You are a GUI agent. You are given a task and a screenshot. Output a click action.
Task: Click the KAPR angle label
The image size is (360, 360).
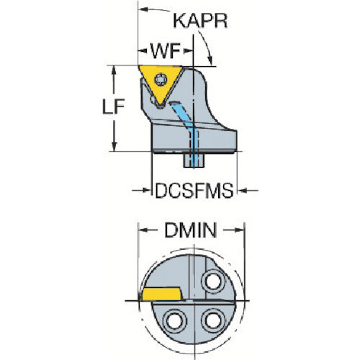(200, 21)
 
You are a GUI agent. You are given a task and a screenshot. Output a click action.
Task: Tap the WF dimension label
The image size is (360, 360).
(166, 51)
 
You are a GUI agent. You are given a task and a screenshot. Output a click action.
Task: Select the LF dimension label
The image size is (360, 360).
(113, 107)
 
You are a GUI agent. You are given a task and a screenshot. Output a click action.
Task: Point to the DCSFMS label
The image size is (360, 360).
(194, 191)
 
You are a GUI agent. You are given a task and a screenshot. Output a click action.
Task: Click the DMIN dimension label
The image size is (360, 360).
(191, 230)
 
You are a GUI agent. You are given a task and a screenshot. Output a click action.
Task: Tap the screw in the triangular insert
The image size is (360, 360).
(161, 79)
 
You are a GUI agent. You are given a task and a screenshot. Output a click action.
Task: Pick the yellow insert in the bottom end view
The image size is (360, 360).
(162, 294)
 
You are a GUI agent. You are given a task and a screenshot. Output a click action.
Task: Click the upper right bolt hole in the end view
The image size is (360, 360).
(213, 282)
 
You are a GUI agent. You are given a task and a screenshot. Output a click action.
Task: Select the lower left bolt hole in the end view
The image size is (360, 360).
(175, 321)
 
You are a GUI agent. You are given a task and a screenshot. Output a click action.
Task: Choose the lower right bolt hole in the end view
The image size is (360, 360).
(213, 321)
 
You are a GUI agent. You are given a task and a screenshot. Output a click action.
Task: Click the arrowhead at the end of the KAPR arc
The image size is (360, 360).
(210, 60)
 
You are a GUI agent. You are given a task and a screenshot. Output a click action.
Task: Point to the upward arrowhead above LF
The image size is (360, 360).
(114, 70)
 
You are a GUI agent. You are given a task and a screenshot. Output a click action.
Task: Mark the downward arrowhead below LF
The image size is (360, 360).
(114, 147)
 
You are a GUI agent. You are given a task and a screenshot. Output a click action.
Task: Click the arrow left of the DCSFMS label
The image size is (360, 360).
(141, 190)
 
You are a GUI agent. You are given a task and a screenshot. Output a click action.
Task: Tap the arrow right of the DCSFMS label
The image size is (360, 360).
(248, 191)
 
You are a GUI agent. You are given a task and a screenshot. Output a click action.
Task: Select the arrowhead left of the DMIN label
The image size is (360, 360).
(143, 230)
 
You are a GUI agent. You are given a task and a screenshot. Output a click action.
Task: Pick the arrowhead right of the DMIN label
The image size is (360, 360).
(240, 230)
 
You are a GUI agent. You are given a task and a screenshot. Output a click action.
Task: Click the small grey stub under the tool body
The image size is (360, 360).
(194, 161)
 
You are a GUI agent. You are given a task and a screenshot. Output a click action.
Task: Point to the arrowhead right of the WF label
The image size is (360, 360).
(188, 51)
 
